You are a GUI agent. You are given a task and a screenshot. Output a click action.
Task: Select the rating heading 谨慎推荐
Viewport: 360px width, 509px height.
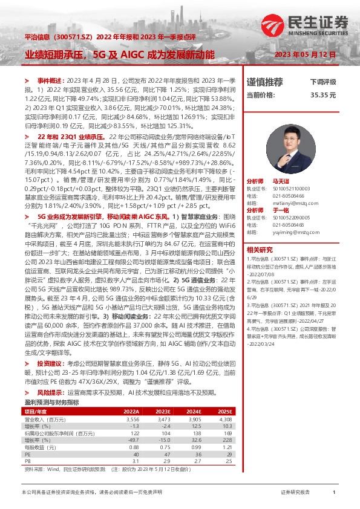(265, 82)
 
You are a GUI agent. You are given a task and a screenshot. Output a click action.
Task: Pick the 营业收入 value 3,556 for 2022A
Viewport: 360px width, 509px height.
(132, 418)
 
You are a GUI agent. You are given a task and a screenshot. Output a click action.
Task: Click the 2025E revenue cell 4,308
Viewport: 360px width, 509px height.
(224, 418)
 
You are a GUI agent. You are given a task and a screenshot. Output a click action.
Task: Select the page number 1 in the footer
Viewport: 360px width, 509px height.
(334, 493)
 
